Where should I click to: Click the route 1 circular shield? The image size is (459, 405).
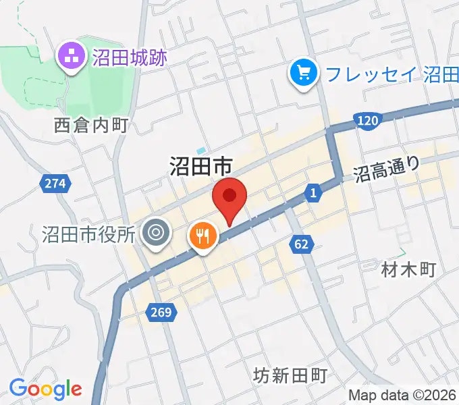313,194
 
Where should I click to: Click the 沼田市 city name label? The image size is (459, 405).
200,165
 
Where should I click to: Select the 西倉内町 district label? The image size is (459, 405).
91,125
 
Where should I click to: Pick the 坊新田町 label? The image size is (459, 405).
291,375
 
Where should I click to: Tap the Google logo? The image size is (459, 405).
45,389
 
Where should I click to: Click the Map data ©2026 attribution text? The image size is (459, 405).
403,395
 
